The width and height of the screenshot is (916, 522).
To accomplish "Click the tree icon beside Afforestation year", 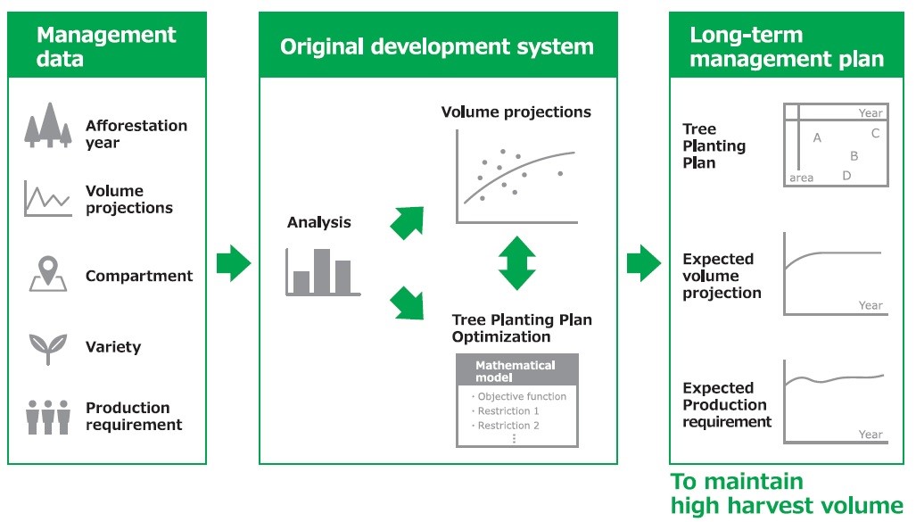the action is click(x=48, y=125).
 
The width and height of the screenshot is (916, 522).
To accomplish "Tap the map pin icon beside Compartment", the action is click(x=48, y=274).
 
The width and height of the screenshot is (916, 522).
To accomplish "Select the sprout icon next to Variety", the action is click(x=48, y=348).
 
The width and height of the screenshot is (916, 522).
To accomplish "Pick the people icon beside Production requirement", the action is click(x=48, y=417).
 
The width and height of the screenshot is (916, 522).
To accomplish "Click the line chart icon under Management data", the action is click(x=48, y=199).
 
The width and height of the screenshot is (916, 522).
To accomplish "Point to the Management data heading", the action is click(x=106, y=46).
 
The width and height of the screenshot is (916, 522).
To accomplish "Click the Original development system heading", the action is click(x=437, y=46).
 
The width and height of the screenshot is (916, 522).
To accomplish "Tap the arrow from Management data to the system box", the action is click(x=234, y=263).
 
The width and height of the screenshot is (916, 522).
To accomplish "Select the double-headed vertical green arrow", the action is click(x=517, y=263).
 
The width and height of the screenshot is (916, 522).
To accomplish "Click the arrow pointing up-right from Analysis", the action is click(x=408, y=222).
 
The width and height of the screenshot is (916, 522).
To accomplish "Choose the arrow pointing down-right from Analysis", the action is click(x=408, y=302).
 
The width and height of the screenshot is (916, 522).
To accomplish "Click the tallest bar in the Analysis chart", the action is click(x=322, y=271).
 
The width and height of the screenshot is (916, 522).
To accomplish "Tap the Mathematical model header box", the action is click(x=517, y=370).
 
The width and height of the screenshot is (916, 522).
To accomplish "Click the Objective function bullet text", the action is click(x=519, y=396).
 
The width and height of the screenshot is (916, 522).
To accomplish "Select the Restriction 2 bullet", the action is click(x=506, y=426).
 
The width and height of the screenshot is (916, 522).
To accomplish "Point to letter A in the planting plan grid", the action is click(x=817, y=138).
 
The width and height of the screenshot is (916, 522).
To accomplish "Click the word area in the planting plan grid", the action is click(x=802, y=178).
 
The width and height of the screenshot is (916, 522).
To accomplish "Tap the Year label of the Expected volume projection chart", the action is click(x=871, y=305).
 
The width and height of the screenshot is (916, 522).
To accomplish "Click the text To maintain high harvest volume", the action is click(x=787, y=493).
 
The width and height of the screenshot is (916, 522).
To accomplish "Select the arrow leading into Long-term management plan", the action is click(x=644, y=263).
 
